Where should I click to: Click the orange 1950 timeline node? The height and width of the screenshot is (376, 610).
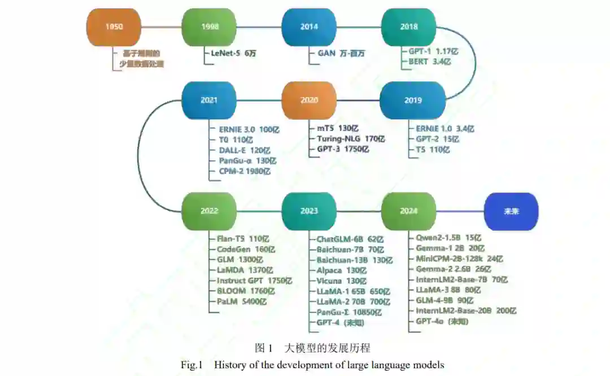113,27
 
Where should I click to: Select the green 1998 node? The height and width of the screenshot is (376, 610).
209,27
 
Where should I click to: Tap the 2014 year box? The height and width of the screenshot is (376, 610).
309,27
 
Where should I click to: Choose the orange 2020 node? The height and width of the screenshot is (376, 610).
309,100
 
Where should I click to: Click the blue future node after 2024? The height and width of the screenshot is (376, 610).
511,211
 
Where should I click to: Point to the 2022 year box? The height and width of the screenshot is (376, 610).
209,211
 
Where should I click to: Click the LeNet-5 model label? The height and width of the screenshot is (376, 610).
225,53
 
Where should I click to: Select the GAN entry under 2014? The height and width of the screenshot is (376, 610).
326,53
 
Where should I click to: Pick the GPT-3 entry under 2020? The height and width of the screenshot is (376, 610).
329,150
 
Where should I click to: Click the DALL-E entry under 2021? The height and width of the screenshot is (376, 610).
233,150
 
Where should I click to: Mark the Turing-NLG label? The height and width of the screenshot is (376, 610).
337,139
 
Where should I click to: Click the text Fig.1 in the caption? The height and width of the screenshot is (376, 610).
191,365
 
